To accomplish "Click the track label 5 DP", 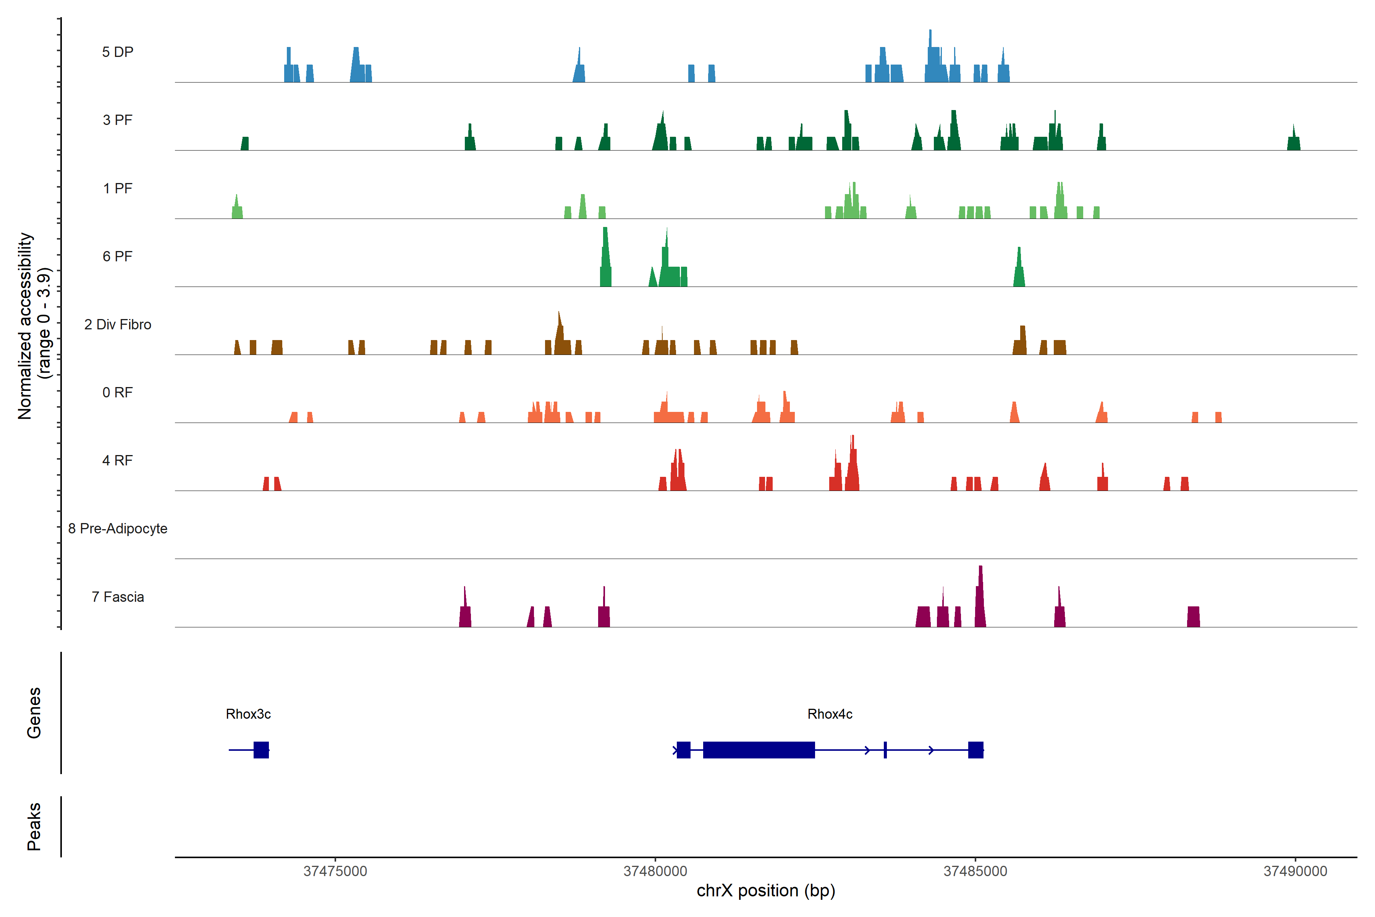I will (118, 52).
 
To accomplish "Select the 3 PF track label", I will (118, 120).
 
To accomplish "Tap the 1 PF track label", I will (118, 188).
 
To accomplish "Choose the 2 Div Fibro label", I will (118, 324).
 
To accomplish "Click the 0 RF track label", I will (118, 392).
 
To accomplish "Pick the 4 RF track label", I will (118, 460).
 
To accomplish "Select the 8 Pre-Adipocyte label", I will (118, 529).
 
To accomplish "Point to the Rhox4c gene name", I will (830, 714).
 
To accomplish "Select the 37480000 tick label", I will (655, 872).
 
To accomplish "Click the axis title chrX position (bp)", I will (766, 891).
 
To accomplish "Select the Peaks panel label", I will (34, 826).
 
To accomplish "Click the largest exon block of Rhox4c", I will (759, 750).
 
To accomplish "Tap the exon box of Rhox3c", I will (261, 750).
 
